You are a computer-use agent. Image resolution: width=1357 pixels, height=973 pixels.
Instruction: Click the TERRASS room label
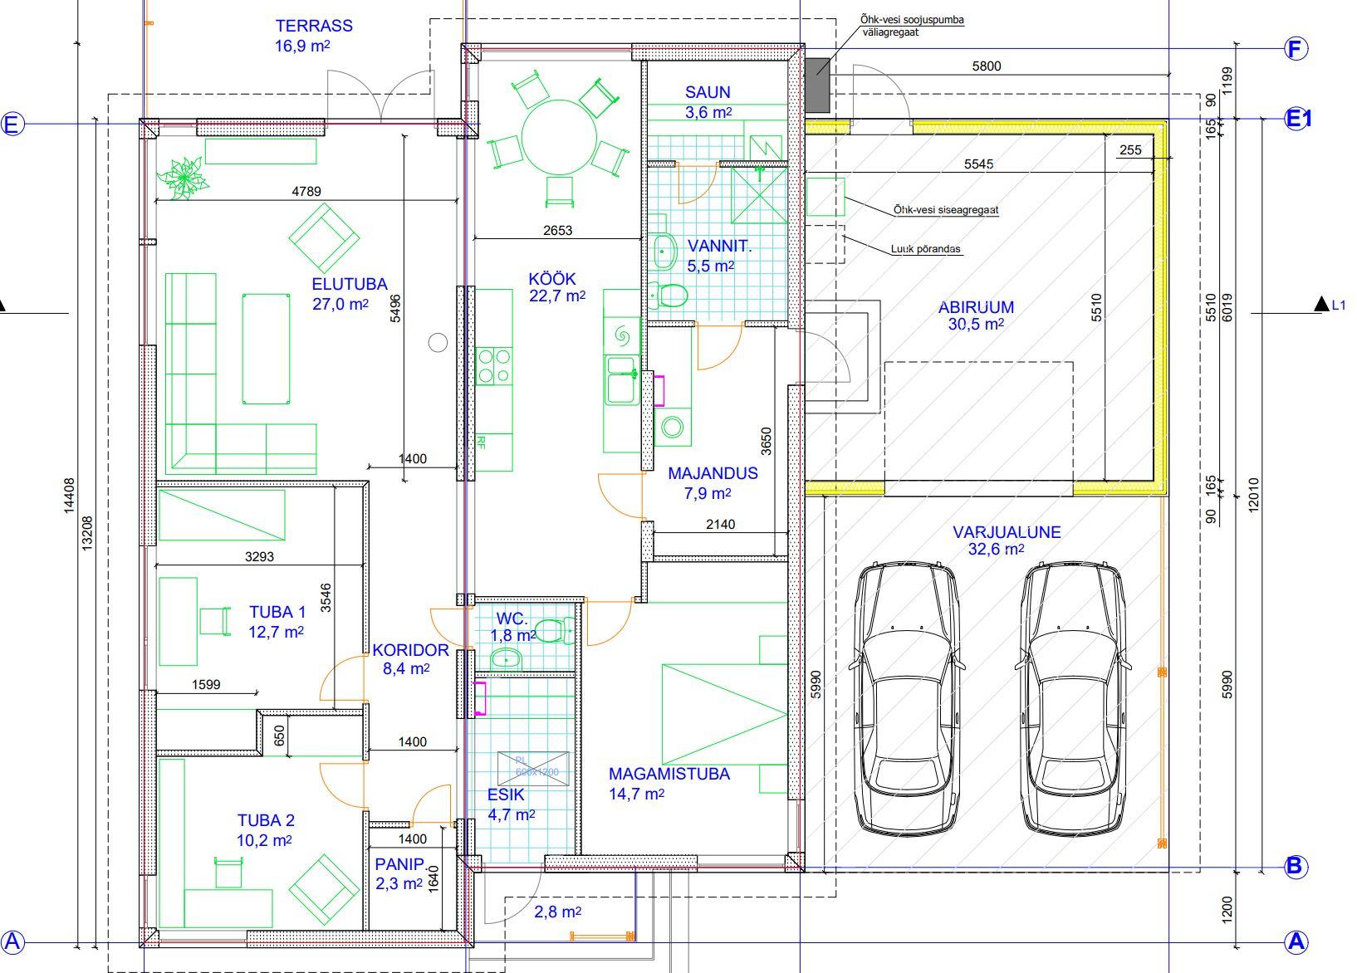314,26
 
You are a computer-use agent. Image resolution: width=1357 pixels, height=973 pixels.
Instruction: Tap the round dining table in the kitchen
560,138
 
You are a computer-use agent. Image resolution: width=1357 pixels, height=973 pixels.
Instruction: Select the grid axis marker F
1296,49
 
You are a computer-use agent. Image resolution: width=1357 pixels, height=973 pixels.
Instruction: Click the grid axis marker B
1295,867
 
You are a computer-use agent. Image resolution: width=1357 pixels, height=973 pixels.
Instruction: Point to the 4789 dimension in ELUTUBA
306,191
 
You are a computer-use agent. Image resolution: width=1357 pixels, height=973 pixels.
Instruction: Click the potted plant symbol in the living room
183,177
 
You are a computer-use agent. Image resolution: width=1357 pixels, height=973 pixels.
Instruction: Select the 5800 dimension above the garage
987,66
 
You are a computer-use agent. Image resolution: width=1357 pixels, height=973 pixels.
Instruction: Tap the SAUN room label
708,93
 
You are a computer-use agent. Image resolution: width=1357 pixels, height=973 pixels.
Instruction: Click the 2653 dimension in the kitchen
557,230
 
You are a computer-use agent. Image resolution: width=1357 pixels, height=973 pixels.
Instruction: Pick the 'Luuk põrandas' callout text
925,249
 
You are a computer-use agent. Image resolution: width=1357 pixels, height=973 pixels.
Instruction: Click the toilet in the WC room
555,630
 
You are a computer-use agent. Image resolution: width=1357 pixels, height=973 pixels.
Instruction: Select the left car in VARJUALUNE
905,698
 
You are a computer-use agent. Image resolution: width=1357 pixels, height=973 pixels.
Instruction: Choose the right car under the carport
1073,698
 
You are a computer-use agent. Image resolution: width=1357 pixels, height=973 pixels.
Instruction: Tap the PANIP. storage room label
399,864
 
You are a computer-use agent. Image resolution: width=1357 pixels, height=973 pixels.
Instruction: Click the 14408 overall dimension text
69,496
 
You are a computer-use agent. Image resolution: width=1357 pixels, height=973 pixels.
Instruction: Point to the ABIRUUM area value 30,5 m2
976,325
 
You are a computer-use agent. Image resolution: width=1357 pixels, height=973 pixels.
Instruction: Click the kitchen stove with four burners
494,366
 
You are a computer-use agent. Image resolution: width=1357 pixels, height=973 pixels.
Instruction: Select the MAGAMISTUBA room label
669,774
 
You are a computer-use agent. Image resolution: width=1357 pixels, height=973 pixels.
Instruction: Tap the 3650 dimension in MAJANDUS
767,442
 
